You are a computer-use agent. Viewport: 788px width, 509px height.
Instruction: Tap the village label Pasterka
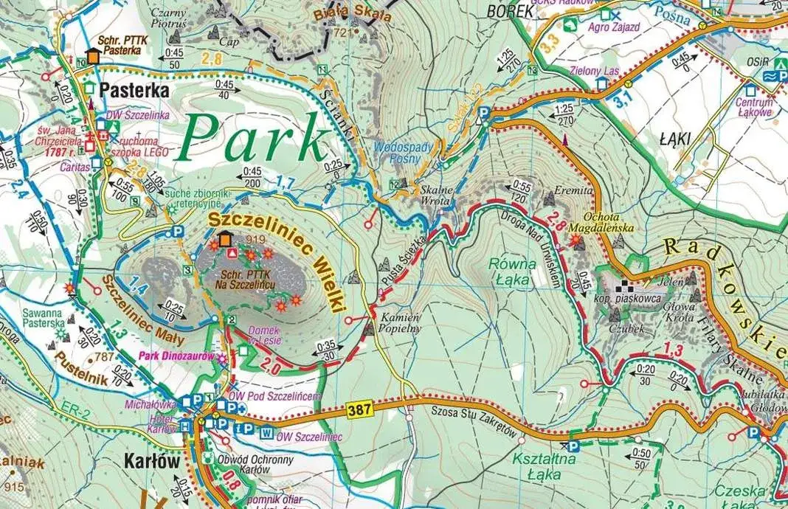[x=132, y=91]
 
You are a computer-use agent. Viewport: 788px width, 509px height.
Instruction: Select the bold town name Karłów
[x=148, y=463]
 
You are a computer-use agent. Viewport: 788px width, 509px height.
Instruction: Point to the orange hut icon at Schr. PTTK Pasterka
[x=93, y=56]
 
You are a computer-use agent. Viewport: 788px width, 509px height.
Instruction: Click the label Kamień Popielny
[x=401, y=322]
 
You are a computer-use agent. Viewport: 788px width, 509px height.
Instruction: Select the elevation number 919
[x=256, y=239]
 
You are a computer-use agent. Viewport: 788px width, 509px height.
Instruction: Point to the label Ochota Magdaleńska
[x=598, y=224]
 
